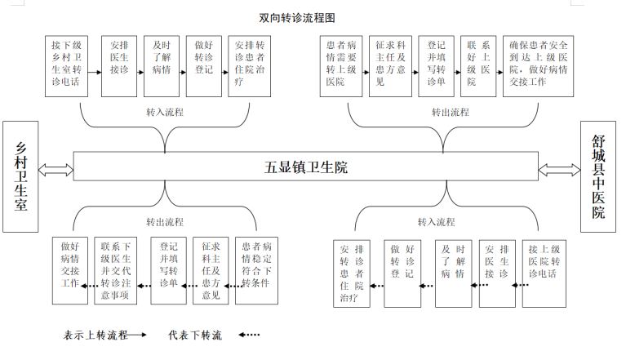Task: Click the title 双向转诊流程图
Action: point(297,18)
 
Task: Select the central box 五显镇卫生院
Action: point(306,167)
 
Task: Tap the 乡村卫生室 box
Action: point(20,176)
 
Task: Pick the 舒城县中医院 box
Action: point(598,176)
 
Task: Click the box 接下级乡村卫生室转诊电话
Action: point(66,66)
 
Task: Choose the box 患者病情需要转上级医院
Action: point(341,66)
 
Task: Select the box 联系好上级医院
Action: point(478,66)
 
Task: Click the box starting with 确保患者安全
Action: point(538,66)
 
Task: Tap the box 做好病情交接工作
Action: point(70,270)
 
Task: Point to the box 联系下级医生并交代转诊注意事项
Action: point(115,270)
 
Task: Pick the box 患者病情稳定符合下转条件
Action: point(256,270)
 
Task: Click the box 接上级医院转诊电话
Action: point(544,273)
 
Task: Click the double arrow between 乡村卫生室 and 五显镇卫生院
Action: point(55,170)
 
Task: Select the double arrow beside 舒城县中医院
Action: point(559,170)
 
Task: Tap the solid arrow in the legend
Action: point(137,335)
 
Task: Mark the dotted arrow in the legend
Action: point(249,335)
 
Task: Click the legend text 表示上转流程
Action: point(95,335)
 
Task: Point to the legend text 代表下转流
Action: point(195,335)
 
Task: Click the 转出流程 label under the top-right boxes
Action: point(451,112)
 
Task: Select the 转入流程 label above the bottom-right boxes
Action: point(437,222)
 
